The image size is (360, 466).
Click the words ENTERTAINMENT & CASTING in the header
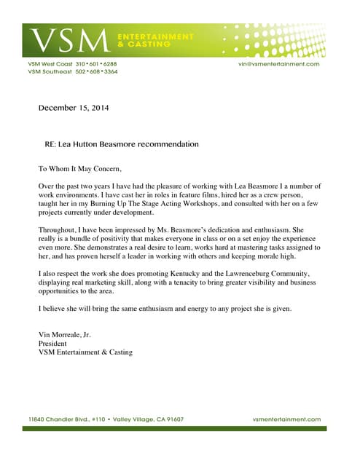[x=154, y=40]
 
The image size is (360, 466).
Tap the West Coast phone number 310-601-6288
[x=95, y=64]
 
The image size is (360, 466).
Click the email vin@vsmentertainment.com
[x=279, y=64]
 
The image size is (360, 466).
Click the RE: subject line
[x=121, y=144]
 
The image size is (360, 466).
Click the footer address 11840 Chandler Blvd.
[x=64, y=419]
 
